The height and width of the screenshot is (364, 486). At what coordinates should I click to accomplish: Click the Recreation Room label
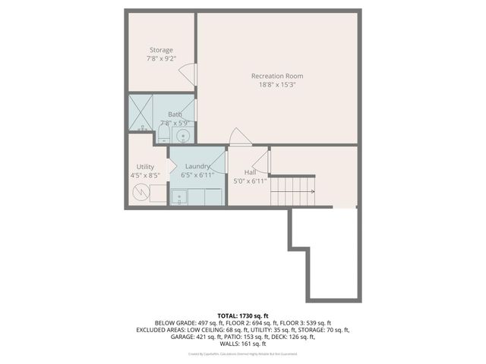tap(277, 76)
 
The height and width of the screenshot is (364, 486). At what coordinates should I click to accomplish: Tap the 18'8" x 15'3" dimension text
tap(277, 85)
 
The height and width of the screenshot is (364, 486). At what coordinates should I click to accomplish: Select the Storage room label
tap(160, 50)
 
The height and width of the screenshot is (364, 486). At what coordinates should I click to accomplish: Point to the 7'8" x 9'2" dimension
tap(160, 58)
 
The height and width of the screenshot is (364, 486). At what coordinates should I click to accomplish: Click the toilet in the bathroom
tap(163, 136)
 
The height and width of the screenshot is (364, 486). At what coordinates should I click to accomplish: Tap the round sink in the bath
tap(182, 135)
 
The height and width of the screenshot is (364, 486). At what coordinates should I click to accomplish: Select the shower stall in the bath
tap(140, 113)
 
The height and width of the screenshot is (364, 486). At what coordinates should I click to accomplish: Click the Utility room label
tap(145, 167)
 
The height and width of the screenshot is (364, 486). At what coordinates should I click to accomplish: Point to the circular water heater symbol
tap(142, 193)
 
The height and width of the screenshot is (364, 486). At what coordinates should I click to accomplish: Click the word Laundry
tap(197, 166)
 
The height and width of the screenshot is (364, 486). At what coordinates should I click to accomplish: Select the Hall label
tap(250, 172)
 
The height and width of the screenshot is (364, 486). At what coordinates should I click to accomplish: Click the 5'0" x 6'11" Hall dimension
tap(250, 181)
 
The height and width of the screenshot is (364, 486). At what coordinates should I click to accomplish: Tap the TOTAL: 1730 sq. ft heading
tap(242, 314)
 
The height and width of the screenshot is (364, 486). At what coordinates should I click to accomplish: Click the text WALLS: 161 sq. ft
tap(242, 343)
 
